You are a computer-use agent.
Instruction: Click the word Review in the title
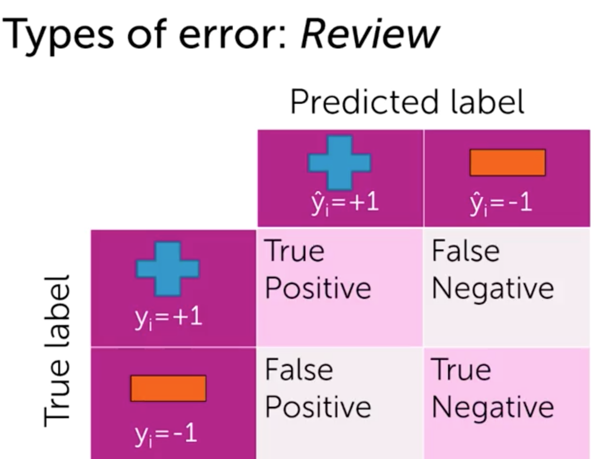tap(369, 35)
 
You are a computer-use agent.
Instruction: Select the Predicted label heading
tap(407, 102)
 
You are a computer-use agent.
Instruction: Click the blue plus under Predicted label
tap(339, 162)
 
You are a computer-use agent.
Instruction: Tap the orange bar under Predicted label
tap(507, 163)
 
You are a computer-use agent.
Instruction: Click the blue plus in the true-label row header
tap(167, 269)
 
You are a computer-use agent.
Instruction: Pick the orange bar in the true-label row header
tap(168, 388)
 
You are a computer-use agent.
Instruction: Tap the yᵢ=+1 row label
tap(169, 319)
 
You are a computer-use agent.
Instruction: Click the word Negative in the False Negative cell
tap(493, 289)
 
